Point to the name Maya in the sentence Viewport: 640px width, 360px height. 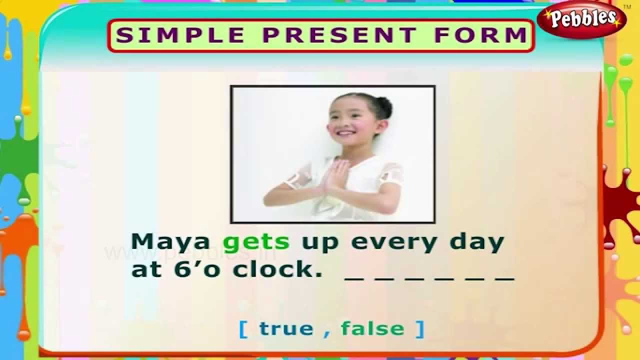170,242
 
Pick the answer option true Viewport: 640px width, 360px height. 286,328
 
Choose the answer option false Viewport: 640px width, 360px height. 372,328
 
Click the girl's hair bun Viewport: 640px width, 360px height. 383,106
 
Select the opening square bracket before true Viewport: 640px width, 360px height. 244,329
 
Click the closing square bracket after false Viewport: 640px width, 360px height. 419,329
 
